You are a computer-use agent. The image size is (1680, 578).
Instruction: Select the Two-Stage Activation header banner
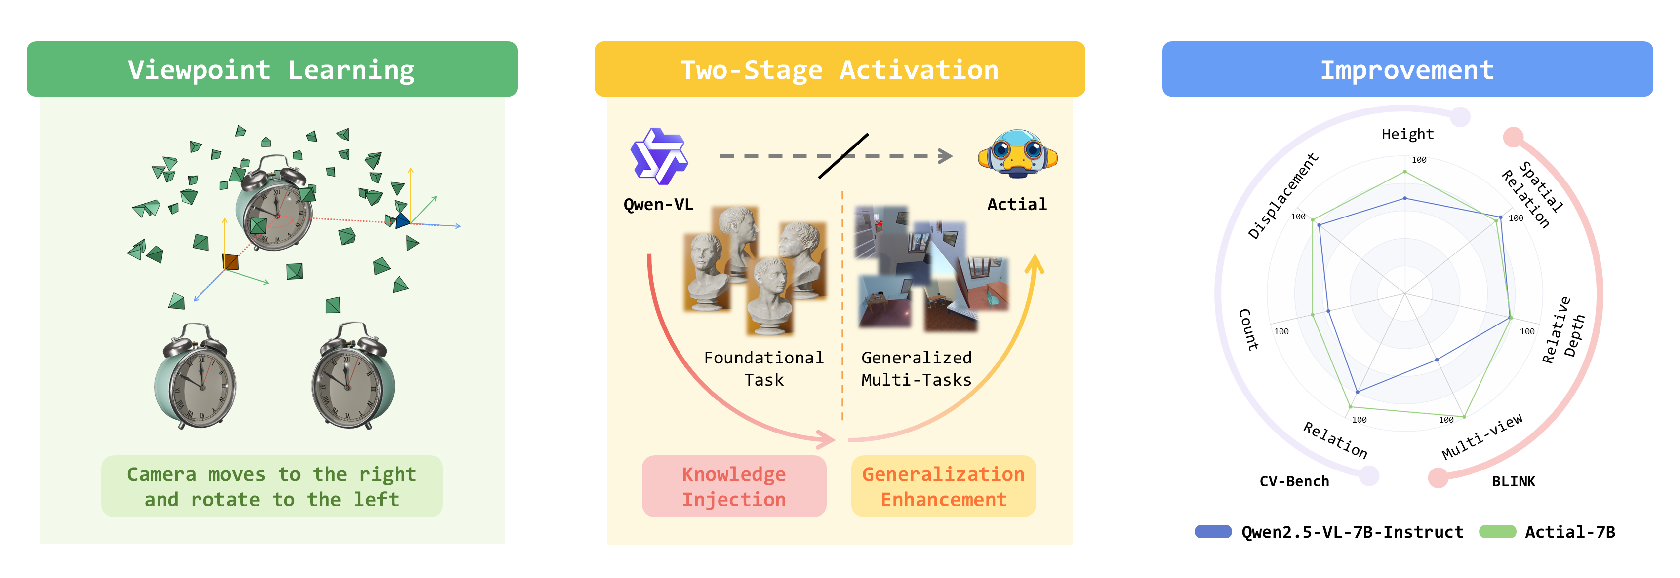coord(840,69)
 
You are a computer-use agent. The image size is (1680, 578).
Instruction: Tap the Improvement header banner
coord(1407,69)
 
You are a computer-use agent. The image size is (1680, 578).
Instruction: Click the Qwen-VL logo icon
coord(659,156)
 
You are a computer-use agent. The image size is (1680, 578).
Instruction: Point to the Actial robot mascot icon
coord(1017,154)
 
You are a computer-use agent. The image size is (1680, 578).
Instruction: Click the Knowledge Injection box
coord(734,486)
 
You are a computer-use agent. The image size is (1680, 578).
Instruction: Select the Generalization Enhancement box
coord(943,486)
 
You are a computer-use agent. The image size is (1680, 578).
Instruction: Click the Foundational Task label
coord(763,368)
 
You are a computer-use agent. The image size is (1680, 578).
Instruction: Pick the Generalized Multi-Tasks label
coord(917,368)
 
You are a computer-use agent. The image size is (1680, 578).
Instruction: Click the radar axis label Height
coord(1407,134)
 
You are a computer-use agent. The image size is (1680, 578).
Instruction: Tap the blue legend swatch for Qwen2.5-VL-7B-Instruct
coord(1212,531)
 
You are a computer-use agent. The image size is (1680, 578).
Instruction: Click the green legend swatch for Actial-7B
coord(1497,531)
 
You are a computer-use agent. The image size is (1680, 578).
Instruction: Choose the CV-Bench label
coord(1294,481)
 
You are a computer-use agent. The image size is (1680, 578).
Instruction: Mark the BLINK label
coord(1513,481)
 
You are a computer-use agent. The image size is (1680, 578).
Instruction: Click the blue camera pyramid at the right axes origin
coord(402,220)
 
